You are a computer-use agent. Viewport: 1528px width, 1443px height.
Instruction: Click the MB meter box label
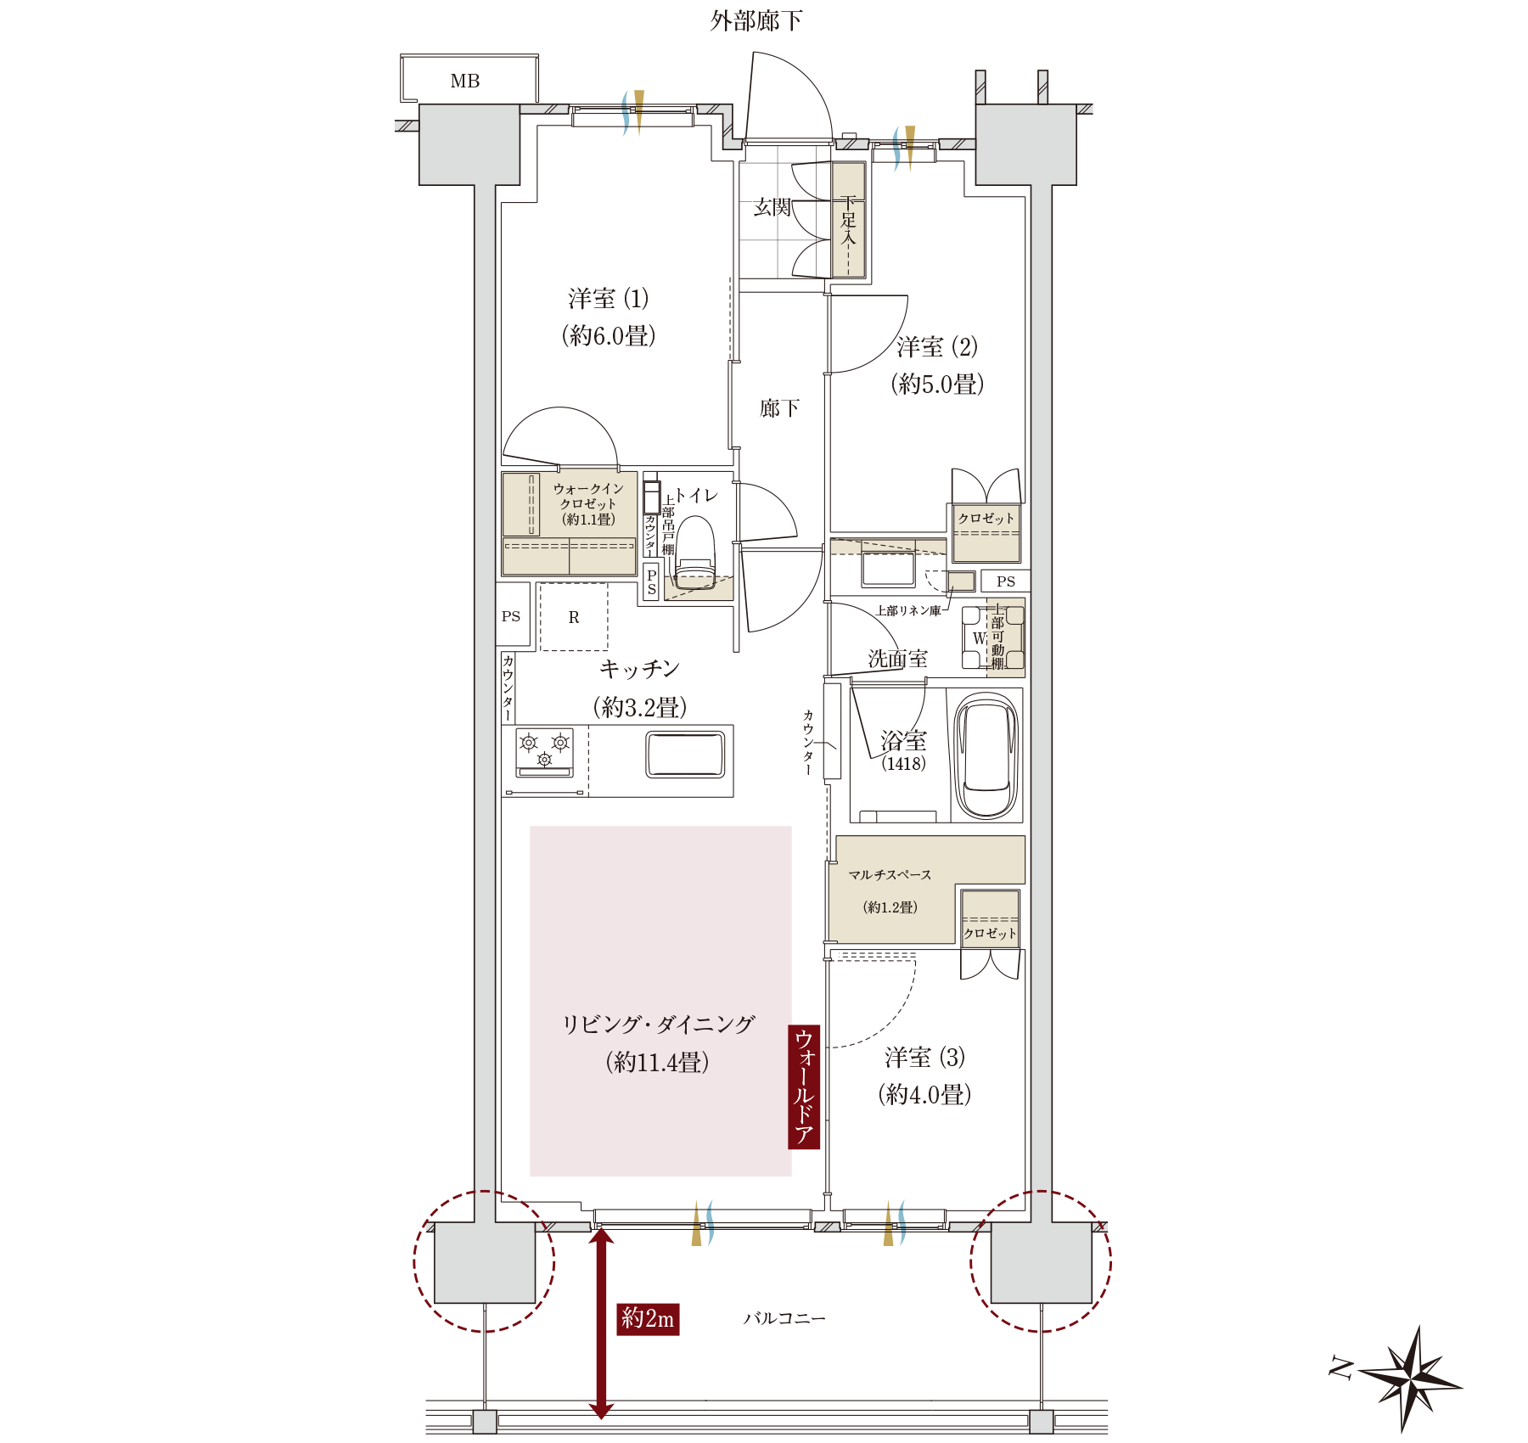[x=465, y=81]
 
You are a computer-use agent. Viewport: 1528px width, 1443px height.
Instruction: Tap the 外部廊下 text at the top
[x=756, y=20]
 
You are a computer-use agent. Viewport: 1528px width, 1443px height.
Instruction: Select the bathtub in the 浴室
[x=986, y=755]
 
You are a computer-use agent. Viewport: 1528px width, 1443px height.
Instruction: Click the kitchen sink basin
[x=685, y=755]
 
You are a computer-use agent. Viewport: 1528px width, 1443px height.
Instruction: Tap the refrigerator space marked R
[x=574, y=617]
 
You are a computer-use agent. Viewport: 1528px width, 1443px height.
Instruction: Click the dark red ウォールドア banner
[x=804, y=1086]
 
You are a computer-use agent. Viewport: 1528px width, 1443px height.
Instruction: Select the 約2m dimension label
[x=648, y=1318]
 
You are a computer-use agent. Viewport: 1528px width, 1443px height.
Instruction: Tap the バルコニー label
[x=784, y=1318]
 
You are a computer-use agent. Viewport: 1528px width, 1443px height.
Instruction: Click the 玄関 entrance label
[x=772, y=207]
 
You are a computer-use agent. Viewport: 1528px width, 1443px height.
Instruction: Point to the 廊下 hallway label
[x=779, y=408]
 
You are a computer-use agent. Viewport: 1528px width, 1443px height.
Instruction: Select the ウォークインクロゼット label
[x=588, y=503]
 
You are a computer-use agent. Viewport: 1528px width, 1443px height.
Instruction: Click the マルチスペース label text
[x=890, y=875]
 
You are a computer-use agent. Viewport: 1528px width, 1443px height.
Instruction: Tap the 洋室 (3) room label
[x=924, y=1058]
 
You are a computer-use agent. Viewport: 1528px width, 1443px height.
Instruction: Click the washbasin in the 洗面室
[x=888, y=568]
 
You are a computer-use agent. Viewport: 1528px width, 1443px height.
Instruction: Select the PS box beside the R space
[x=511, y=616]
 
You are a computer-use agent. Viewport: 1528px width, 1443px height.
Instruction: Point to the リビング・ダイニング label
[x=658, y=1025]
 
